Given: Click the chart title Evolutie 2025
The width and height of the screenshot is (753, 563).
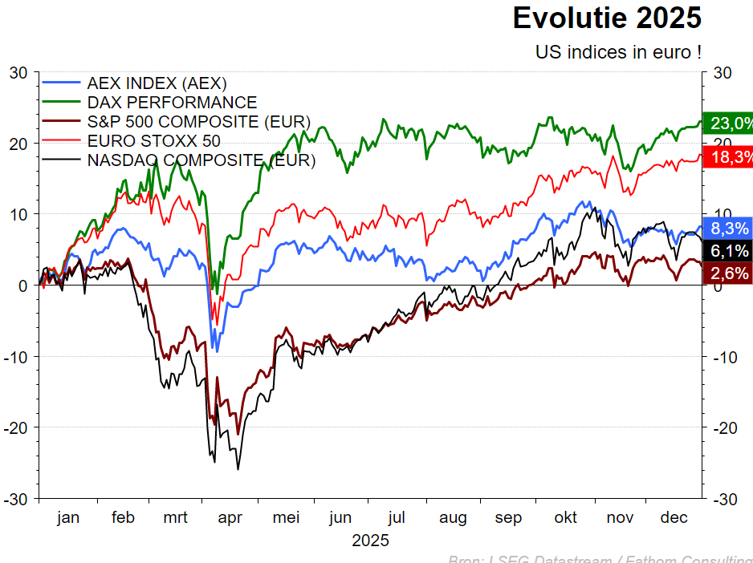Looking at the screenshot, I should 607,18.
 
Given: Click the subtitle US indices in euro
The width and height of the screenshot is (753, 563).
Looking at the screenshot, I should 618,52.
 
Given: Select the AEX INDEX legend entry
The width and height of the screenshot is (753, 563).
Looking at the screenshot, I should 157,83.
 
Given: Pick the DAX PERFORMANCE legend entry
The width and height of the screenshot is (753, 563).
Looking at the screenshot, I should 172,103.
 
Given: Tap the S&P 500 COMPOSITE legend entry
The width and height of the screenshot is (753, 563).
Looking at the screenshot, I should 198,122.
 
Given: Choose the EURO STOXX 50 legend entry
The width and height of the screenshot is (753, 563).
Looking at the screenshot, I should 153,141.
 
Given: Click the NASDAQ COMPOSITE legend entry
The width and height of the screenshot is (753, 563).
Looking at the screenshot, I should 201,160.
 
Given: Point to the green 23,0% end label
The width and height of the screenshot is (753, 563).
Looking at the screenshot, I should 727,124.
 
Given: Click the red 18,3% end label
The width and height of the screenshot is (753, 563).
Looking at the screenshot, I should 727,157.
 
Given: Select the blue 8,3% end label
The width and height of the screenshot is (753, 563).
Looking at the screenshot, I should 727,228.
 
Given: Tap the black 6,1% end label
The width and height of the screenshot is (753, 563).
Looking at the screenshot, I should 727,250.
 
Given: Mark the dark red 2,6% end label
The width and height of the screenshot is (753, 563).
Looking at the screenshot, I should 727,273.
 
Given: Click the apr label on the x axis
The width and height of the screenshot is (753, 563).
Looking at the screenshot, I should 230,518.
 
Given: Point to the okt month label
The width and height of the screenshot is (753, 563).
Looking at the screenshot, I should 565,518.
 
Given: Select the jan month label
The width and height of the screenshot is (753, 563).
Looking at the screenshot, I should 68,518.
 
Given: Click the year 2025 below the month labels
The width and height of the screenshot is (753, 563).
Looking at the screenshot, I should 370,541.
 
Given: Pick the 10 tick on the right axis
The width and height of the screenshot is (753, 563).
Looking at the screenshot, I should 721,214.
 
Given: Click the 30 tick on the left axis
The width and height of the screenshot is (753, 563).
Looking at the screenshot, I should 19,73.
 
